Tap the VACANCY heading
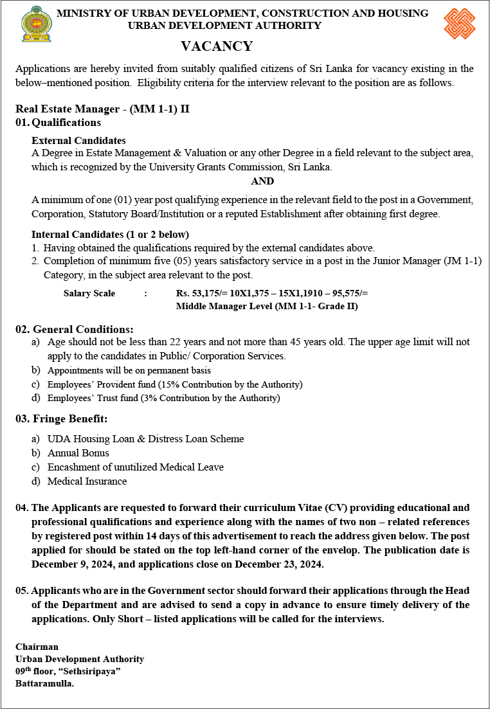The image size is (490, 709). point(217,46)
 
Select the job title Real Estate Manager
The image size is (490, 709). point(71,109)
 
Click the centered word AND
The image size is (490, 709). point(262,181)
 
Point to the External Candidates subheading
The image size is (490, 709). point(78,140)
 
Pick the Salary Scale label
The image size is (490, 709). point(89,293)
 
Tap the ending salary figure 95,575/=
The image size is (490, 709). point(350,293)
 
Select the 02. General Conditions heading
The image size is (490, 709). point(75,329)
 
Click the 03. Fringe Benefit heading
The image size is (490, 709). point(62,419)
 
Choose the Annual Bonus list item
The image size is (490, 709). point(78,453)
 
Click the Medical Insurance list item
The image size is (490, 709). point(87,481)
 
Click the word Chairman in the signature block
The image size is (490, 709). point(37,647)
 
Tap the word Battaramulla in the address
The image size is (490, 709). point(44,683)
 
